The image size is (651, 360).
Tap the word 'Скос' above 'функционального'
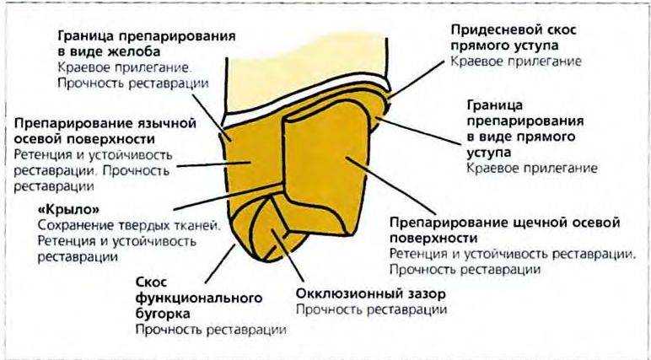[x=151, y=282]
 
